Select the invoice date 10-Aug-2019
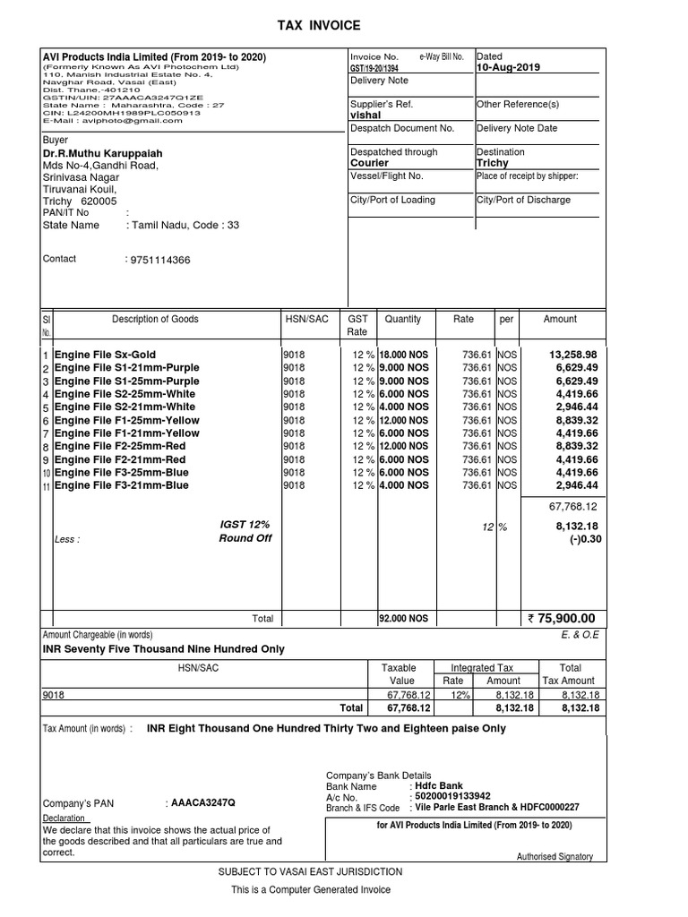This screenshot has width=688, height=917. [x=509, y=68]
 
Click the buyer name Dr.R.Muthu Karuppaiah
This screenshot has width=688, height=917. [x=103, y=153]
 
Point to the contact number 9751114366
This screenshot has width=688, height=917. [x=160, y=261]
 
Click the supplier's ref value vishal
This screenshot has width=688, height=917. [x=365, y=116]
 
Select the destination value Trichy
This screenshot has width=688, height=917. [x=493, y=164]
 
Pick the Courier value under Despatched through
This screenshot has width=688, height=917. [x=369, y=164]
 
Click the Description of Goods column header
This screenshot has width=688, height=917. [x=155, y=320]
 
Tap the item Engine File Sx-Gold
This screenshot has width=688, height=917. [x=105, y=355]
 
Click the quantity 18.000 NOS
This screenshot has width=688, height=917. [x=404, y=355]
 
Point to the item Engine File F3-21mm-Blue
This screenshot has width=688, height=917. [x=122, y=485]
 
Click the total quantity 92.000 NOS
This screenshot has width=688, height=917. [x=404, y=619]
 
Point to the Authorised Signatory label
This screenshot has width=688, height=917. [x=555, y=857]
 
